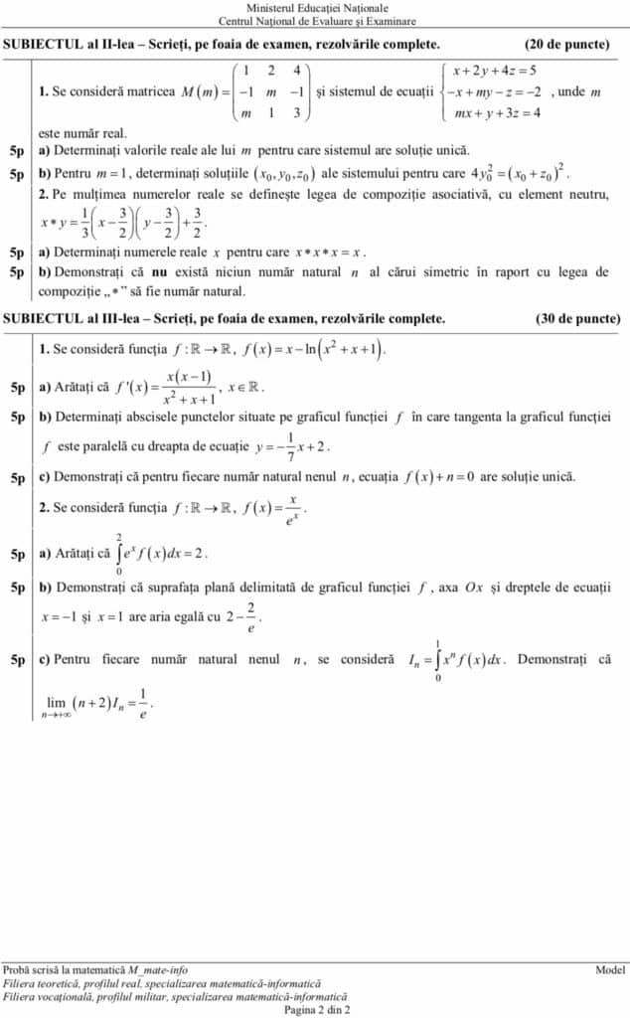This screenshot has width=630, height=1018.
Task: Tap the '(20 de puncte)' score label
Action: [571, 45]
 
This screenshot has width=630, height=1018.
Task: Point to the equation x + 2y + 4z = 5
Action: [495, 71]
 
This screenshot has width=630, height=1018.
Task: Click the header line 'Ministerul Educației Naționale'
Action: [315, 7]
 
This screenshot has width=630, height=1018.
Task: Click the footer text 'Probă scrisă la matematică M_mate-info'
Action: [93, 968]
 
